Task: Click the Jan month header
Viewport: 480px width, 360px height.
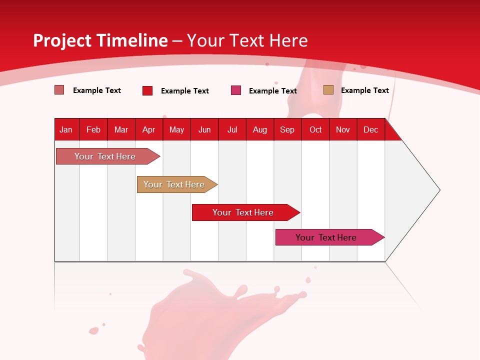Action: point(66,130)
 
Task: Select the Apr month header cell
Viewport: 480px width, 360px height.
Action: point(149,130)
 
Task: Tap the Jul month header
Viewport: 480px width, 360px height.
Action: point(232,130)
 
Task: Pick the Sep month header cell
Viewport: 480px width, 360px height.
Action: point(287,130)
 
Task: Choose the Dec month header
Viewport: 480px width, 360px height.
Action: point(370,130)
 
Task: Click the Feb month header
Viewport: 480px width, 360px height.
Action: point(93,130)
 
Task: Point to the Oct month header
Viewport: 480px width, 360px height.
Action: point(315,130)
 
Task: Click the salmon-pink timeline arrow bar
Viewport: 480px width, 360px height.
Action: point(105,156)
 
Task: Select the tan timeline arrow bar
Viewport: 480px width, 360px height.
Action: point(174,184)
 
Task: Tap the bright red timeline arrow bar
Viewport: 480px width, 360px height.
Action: point(243,212)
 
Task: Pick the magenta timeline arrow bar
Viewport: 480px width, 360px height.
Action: point(326,237)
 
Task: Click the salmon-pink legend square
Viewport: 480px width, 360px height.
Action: point(59,90)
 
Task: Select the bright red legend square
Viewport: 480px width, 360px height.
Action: point(147,90)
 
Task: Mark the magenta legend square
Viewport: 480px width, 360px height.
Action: point(236,90)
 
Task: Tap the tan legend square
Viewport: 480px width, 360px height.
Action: point(328,90)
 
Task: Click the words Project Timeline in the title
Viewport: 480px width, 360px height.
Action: point(100,40)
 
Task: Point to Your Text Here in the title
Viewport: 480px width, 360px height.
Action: point(247,40)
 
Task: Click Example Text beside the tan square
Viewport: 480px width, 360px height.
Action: point(364,90)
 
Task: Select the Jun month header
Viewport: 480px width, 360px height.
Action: point(204,130)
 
